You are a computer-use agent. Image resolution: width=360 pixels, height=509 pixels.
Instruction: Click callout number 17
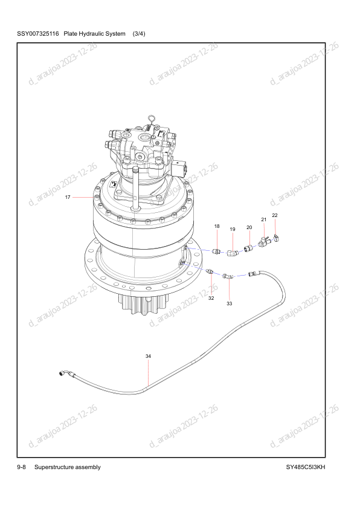(68, 197)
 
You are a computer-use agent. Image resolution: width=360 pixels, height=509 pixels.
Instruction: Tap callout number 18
(217, 226)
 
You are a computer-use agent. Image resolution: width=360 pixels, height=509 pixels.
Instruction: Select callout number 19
(233, 229)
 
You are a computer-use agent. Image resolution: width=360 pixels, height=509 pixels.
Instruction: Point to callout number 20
(249, 227)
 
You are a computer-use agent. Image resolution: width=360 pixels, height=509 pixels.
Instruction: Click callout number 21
(264, 219)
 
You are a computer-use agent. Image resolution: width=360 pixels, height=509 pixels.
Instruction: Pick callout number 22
(275, 215)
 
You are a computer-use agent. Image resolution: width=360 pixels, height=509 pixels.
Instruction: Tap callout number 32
(211, 298)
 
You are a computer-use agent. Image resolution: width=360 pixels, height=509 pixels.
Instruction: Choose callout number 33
(230, 303)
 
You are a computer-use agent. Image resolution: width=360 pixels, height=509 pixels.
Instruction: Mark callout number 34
(148, 356)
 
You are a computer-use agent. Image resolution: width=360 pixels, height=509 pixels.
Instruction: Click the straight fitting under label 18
(216, 251)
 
